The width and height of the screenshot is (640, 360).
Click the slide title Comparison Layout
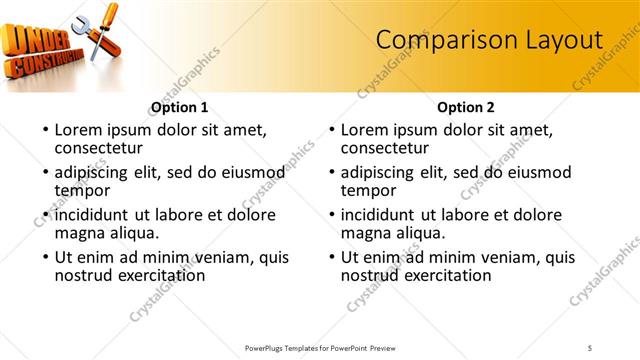click(x=489, y=39)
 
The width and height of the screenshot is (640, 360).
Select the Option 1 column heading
click(x=179, y=107)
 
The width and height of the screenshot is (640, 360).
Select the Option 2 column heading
click(x=466, y=107)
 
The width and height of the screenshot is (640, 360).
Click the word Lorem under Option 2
click(x=365, y=130)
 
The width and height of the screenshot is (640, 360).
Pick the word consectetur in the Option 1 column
click(x=100, y=148)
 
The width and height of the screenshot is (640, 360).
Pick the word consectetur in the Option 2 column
click(x=387, y=148)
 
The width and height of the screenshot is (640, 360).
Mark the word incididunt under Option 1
click(x=92, y=215)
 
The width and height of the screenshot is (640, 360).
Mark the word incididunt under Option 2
click(x=379, y=215)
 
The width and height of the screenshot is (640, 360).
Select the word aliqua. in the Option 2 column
click(x=419, y=233)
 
